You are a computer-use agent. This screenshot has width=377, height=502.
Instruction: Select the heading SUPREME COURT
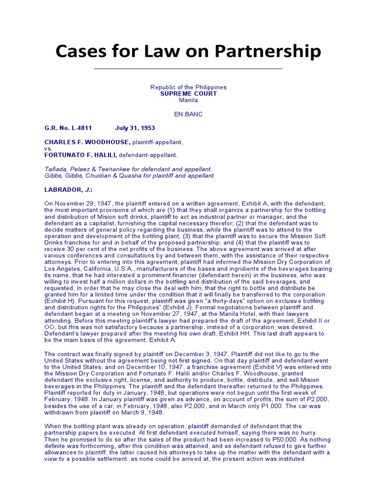tap(188, 94)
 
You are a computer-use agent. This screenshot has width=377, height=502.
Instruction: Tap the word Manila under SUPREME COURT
tap(188, 100)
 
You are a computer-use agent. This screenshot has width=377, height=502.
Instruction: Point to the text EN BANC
tap(188, 114)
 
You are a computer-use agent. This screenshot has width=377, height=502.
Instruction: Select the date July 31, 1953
tap(135, 128)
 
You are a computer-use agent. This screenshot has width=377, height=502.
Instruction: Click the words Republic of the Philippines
tap(188, 87)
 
